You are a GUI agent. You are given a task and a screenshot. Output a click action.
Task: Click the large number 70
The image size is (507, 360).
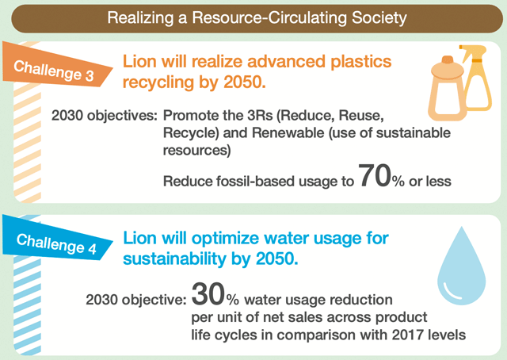click(x=375, y=176)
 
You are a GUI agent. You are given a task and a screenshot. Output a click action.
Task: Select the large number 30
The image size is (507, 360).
click(x=208, y=294)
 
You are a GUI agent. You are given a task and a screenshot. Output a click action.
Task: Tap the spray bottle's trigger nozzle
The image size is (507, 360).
click(x=473, y=52)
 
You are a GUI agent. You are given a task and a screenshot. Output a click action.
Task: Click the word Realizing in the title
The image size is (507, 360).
click(x=140, y=18)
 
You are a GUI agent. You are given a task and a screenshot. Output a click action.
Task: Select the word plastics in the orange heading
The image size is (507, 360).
click(x=361, y=62)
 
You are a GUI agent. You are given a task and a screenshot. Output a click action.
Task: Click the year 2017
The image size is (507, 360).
click(x=409, y=335)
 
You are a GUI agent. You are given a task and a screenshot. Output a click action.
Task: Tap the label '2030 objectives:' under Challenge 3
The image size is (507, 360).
click(x=105, y=116)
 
